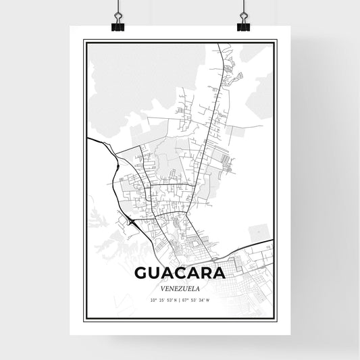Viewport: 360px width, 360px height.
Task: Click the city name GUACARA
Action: coord(179,273)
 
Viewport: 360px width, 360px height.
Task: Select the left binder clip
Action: coord(118,26)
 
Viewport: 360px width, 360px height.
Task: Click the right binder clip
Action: coord(242,26)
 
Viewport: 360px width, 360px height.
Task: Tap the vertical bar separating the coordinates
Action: coord(180,300)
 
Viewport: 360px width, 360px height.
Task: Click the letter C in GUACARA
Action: coord(180,273)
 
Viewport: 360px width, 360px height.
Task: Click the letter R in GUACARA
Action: coord(205,273)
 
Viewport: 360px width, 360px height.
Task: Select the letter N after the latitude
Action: coord(175,300)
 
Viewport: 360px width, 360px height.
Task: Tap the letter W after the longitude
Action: coord(208,300)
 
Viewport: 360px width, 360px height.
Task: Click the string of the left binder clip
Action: coord(118,8)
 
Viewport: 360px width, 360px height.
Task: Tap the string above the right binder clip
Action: coord(242,8)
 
